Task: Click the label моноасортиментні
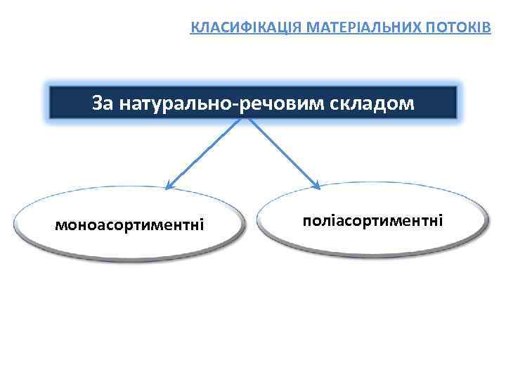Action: (130, 226)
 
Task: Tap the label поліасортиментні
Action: (372, 221)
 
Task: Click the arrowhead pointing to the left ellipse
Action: (169, 186)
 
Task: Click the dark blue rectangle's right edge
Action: (457, 103)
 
